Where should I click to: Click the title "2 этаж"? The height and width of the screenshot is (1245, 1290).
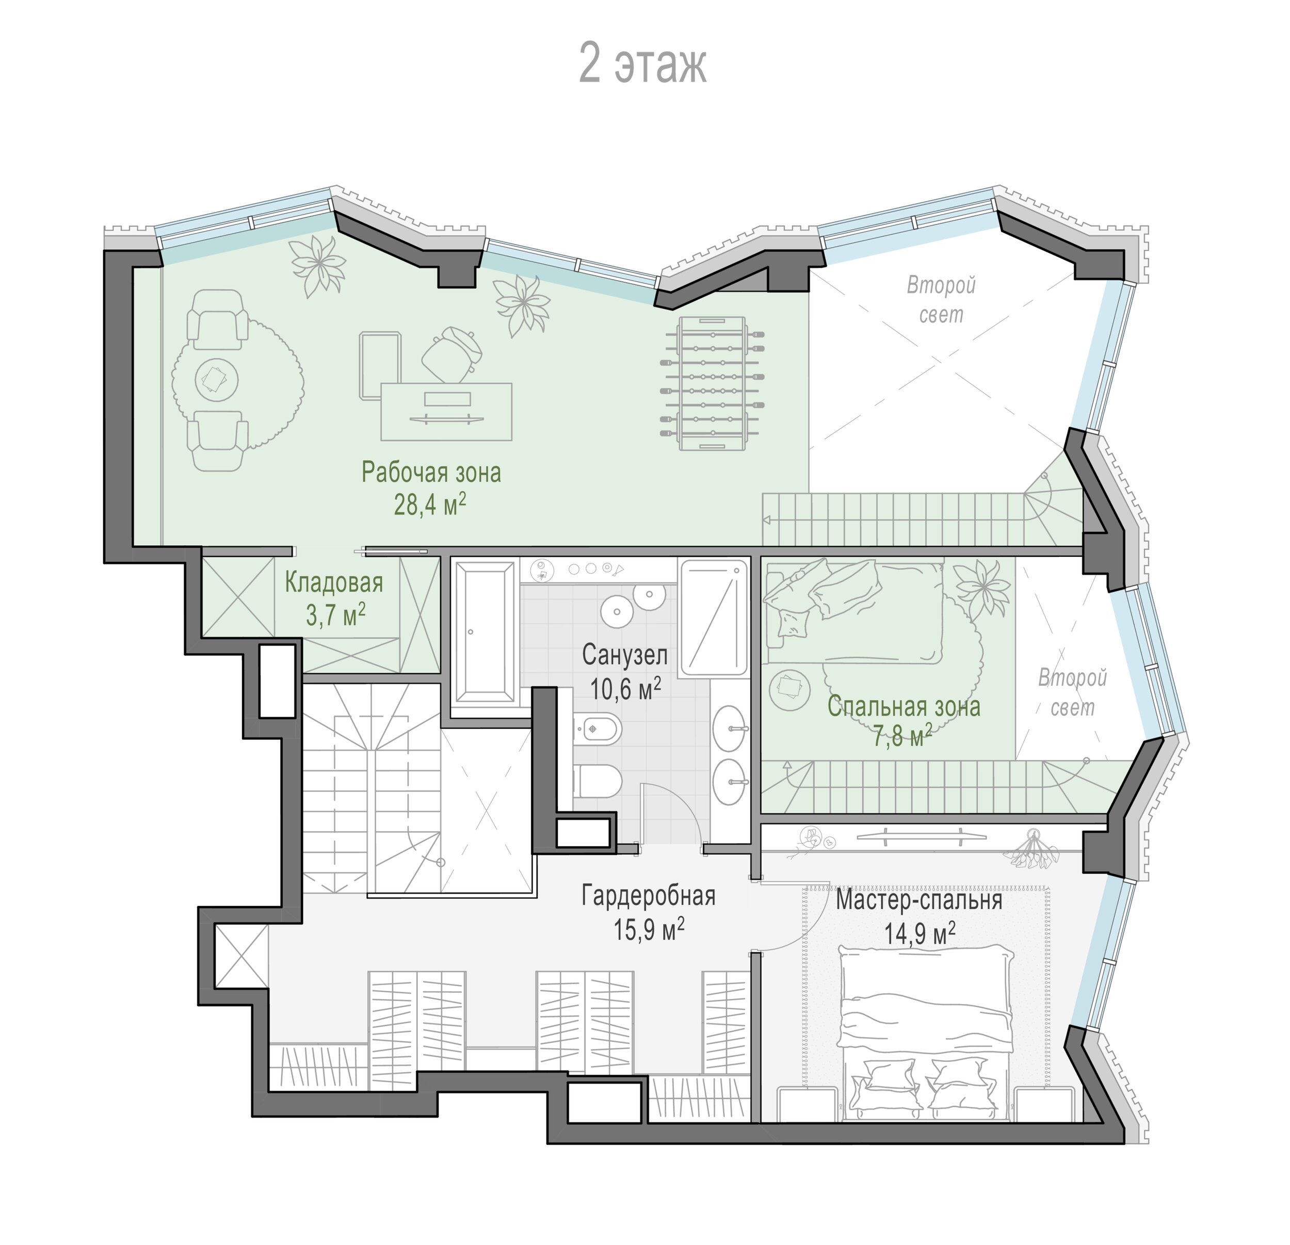tap(642, 64)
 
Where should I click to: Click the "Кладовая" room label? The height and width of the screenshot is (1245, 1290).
tap(334, 583)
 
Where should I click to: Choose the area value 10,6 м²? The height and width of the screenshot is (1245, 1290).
tap(625, 688)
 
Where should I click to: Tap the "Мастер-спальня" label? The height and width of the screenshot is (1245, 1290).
tap(920, 899)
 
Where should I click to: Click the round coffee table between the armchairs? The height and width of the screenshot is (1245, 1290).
tap(217, 380)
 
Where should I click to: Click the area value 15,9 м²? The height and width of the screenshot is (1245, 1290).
tap(649, 929)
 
